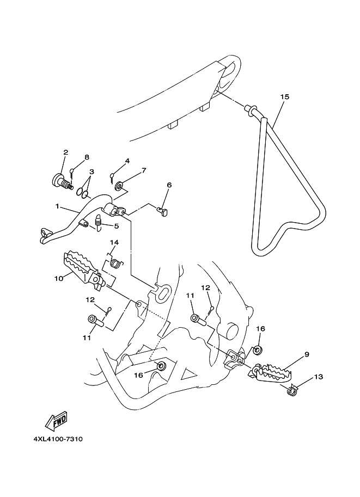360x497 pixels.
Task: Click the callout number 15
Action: click(285, 97)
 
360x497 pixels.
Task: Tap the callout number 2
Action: click(65, 152)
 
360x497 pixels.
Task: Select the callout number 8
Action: click(86, 157)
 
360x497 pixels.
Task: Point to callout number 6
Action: click(169, 185)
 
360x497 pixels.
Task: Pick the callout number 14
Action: click(114, 242)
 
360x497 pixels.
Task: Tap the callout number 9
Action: click(307, 354)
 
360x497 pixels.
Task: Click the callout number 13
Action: click(319, 376)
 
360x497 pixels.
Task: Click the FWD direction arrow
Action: click(57, 420)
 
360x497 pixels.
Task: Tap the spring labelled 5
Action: click(99, 222)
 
